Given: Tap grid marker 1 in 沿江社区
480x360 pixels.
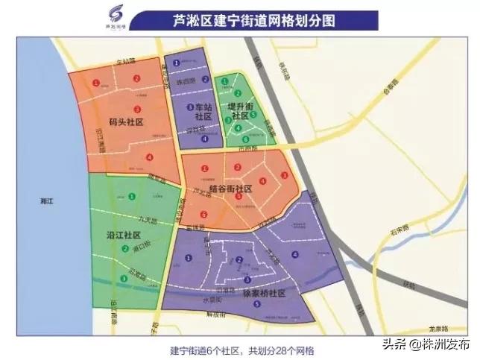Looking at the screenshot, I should (132, 197).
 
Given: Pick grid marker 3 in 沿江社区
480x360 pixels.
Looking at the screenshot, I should (123, 279).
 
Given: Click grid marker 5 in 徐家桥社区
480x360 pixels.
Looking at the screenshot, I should (257, 304).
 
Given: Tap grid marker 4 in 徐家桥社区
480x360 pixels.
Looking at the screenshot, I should (296, 255).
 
